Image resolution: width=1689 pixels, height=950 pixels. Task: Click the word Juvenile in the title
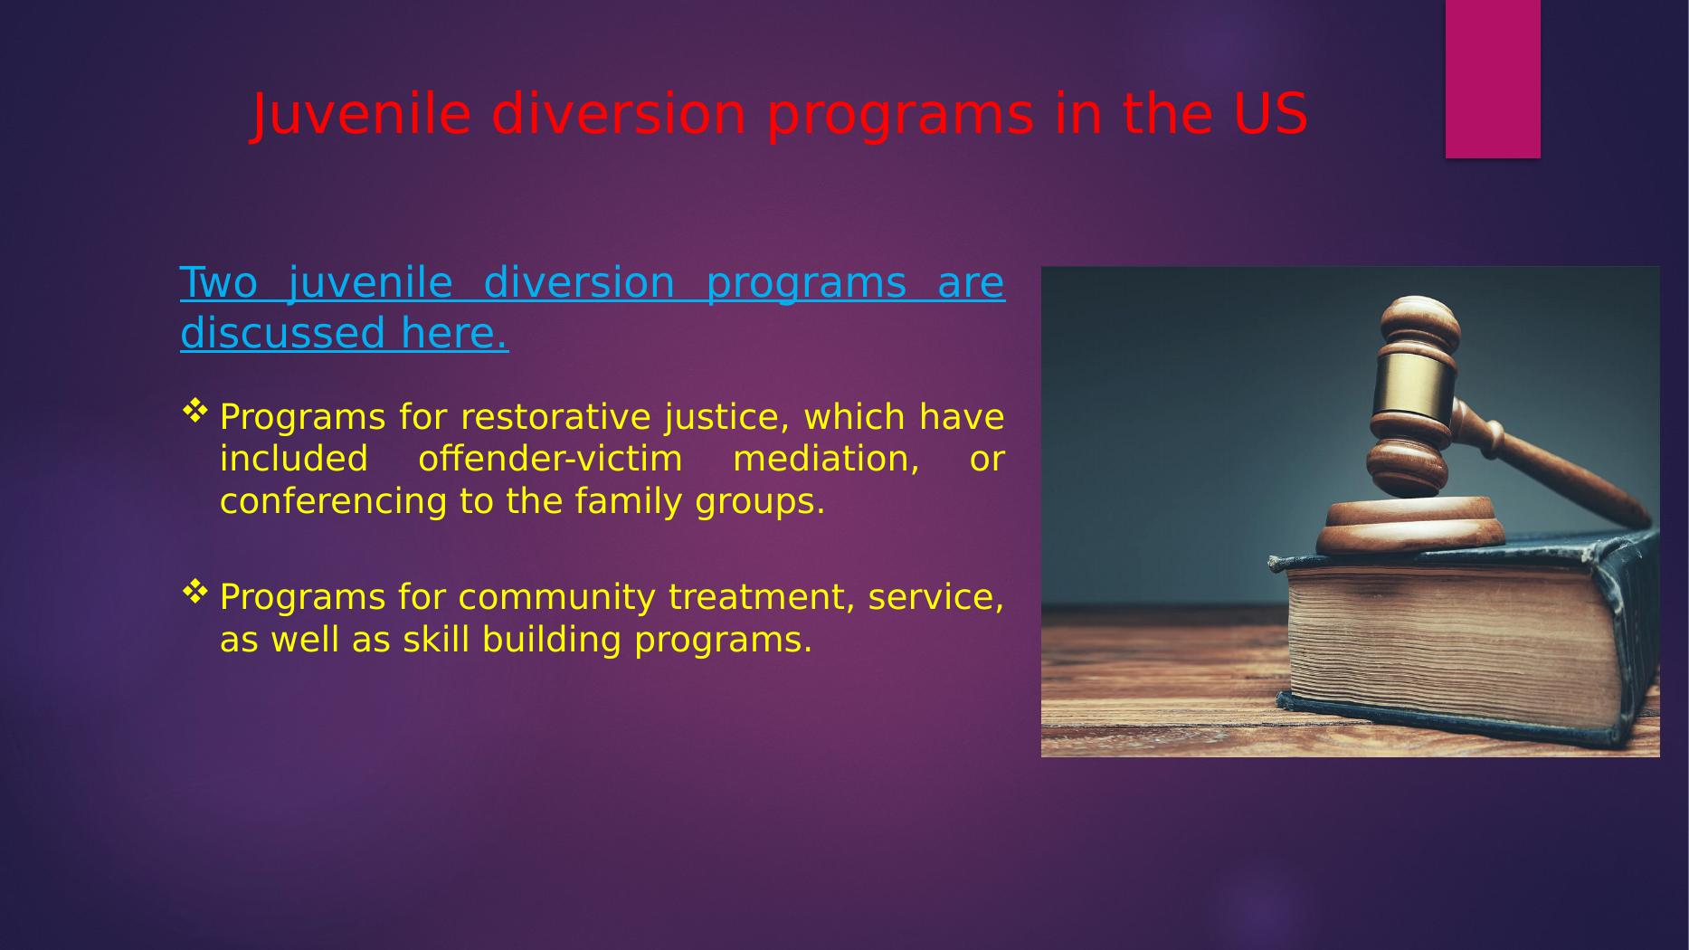(361, 115)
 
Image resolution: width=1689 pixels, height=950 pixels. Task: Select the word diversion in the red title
(619, 115)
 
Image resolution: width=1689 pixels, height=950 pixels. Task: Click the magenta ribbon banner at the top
(1493, 79)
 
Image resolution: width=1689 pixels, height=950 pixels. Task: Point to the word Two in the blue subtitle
(219, 283)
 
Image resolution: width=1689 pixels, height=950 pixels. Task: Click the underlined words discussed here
(345, 333)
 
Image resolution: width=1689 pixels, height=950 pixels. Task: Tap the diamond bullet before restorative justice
(195, 413)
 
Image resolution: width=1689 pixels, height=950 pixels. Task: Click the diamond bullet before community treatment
(195, 593)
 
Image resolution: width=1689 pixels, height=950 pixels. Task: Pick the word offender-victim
(550, 460)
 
